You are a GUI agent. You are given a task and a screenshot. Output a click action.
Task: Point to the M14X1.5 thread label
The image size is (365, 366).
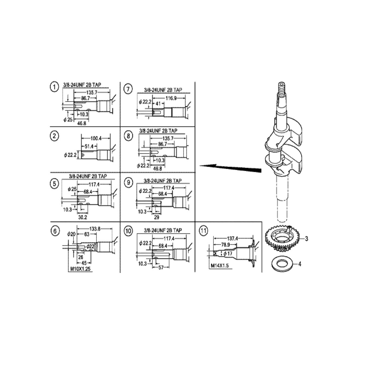221,266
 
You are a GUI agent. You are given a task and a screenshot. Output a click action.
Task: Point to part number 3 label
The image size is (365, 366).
306,238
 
